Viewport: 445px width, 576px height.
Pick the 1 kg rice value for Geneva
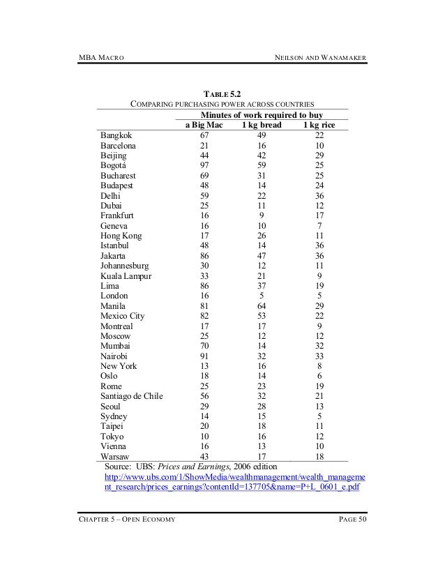(319, 226)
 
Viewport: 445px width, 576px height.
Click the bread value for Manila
(259, 306)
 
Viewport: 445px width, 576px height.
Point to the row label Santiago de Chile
(132, 396)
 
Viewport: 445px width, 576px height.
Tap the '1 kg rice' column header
(319, 125)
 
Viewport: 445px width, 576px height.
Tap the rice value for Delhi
(319, 196)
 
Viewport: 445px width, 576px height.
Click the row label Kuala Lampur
(127, 276)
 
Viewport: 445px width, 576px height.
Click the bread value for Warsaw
(259, 456)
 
